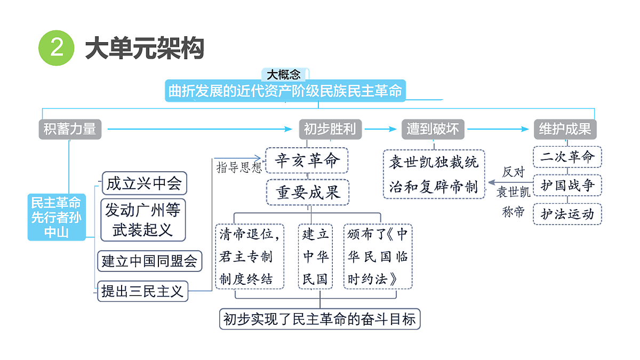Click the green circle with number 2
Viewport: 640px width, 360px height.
click(57, 47)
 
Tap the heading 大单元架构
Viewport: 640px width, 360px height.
click(145, 48)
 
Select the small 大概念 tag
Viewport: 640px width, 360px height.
click(285, 74)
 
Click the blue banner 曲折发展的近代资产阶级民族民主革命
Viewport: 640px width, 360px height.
click(285, 91)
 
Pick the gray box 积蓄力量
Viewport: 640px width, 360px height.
click(70, 129)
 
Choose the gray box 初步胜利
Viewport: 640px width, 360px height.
click(330, 129)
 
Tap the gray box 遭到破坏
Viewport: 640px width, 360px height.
click(433, 129)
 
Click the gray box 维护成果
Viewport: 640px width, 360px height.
click(565, 129)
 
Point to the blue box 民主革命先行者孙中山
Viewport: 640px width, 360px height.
click(57, 217)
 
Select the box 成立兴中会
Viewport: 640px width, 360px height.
click(145, 183)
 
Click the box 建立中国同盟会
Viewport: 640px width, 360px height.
click(150, 261)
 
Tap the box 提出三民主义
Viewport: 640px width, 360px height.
click(142, 291)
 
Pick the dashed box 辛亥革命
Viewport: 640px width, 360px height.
click(307, 161)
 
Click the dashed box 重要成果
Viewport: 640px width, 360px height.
click(308, 193)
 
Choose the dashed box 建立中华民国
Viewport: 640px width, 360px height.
click(315, 257)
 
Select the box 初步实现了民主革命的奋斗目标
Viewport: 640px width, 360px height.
click(319, 319)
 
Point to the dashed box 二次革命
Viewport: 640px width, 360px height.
click(567, 157)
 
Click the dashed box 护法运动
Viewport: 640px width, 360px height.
click(567, 214)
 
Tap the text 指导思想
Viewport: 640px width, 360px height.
click(239, 167)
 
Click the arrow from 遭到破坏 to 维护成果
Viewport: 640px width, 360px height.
click(498, 129)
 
